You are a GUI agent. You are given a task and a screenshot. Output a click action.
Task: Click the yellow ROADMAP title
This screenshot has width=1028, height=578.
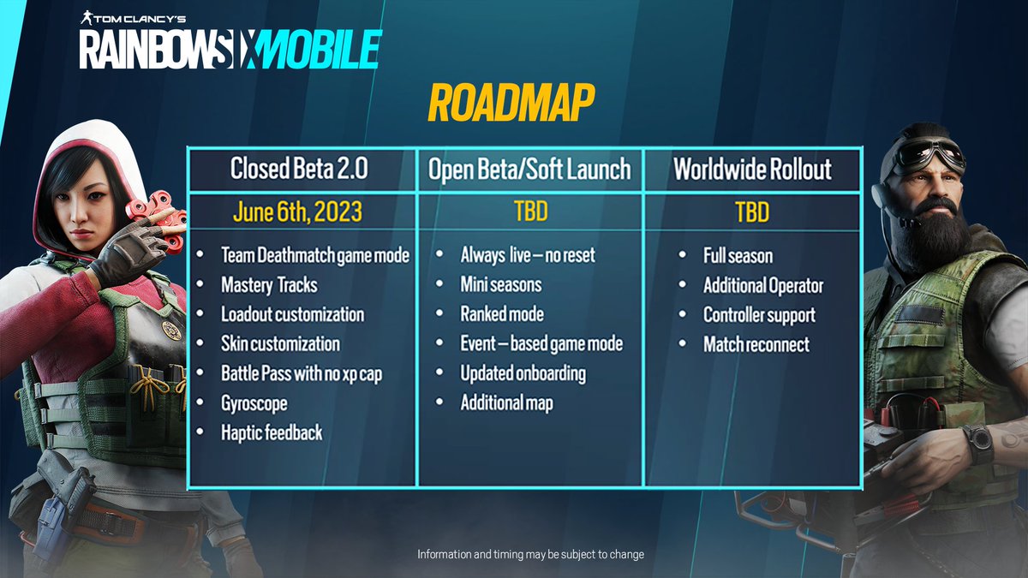coord(511,104)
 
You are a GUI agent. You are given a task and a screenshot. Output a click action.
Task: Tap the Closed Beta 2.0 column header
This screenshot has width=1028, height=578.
coord(299,169)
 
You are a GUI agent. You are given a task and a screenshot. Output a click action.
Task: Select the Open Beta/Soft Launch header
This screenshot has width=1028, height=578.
coord(530,169)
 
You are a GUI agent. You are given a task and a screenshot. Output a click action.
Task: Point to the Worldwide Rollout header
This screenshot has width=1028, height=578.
coord(752,169)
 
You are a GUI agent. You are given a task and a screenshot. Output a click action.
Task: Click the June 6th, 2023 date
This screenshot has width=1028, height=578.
coord(298,212)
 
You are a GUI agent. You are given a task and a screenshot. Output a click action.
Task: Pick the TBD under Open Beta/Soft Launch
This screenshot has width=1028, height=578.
coord(530,212)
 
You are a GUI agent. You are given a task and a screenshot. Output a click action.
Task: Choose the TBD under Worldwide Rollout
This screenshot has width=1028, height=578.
coord(752,212)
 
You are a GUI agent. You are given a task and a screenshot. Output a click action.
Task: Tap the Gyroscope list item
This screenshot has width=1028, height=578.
coord(254,402)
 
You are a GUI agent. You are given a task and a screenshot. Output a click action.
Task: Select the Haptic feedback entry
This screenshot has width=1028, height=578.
coord(272,432)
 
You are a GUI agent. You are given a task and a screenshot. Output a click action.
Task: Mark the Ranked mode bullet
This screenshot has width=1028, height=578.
coord(502,314)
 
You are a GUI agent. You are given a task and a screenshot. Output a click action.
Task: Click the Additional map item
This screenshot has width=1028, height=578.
coord(506,402)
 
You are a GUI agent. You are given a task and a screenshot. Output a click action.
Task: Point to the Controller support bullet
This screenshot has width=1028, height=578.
coord(759,314)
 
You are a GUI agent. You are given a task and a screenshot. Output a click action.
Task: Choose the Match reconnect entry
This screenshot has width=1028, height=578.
coord(756,344)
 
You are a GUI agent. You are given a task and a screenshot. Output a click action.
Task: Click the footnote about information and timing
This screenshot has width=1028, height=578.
coord(530,555)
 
